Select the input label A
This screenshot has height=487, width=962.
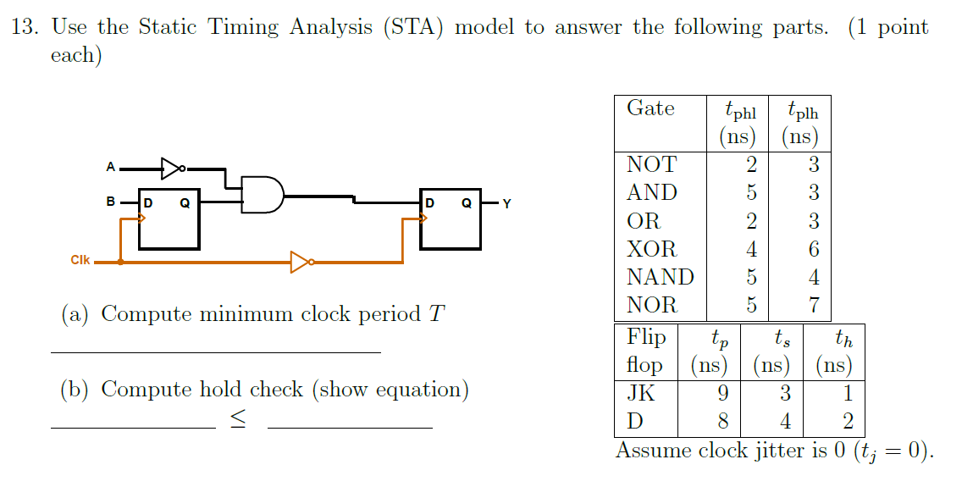coord(110,168)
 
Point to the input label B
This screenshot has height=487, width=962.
coord(110,203)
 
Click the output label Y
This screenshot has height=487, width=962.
coord(506,203)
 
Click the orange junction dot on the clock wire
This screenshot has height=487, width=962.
coord(120,263)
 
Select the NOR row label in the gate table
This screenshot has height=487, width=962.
coord(651,305)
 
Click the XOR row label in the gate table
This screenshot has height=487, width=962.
coord(651,249)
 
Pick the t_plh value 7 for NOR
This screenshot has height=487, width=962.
coord(814,305)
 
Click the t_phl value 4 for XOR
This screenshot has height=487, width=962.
coord(751,249)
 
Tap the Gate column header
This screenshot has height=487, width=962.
coord(650,108)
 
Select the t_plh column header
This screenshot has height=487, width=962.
coord(801,111)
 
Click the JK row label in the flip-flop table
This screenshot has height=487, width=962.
coord(640,394)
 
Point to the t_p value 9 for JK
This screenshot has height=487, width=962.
coord(722,394)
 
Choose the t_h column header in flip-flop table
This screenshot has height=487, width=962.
coord(843,340)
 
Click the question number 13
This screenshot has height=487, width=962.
coord(25,27)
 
